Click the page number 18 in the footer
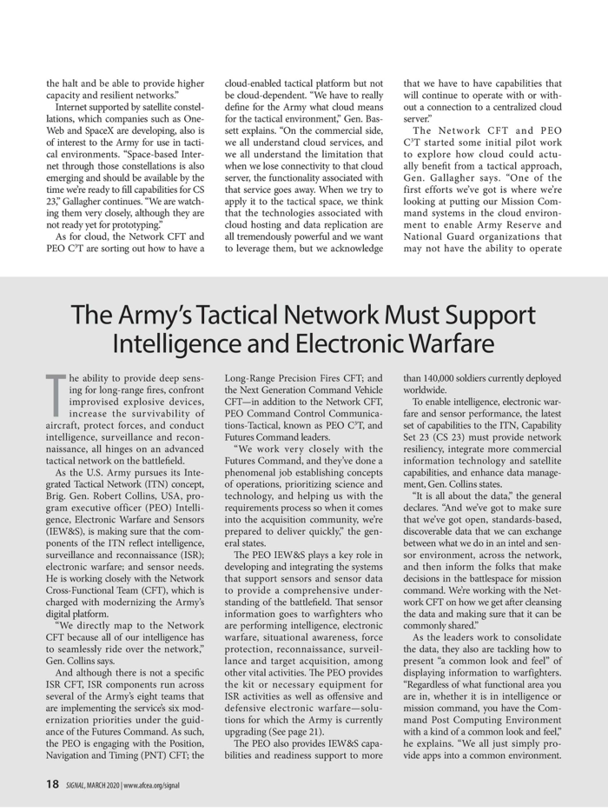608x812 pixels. click(x=52, y=785)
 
